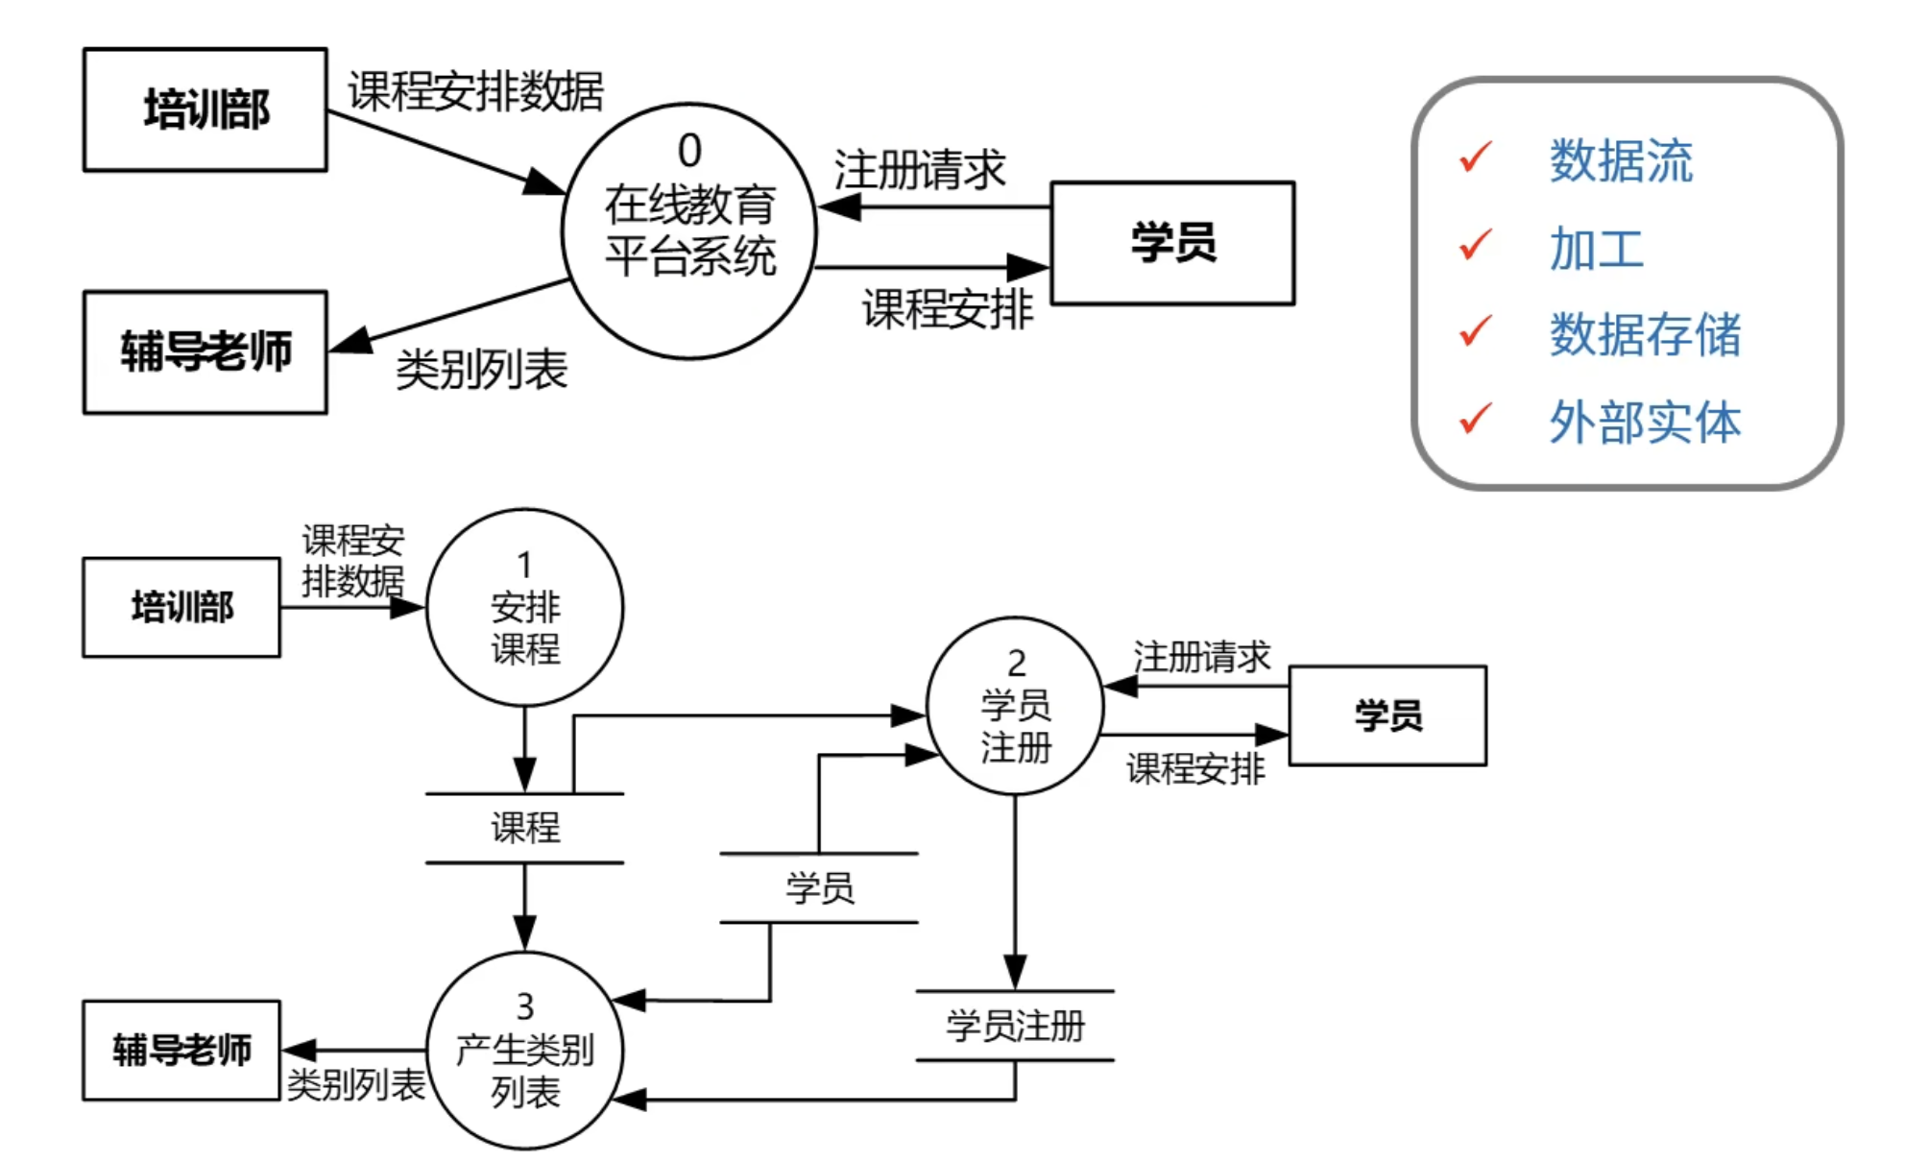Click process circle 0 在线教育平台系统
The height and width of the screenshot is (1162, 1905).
click(x=688, y=231)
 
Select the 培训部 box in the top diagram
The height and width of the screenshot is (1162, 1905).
click(x=205, y=109)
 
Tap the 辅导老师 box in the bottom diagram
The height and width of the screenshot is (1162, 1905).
click(x=181, y=1050)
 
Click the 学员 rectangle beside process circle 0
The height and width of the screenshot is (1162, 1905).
click(x=1172, y=243)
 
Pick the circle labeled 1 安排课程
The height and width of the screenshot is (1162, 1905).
click(x=524, y=608)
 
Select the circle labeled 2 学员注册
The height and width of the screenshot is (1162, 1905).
click(x=1015, y=706)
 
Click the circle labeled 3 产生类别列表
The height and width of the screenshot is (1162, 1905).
click(x=524, y=1051)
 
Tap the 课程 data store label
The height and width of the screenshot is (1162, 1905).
click(x=524, y=828)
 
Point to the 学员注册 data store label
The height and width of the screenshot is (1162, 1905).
click(x=1015, y=1026)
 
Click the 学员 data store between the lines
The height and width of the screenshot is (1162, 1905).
click(x=819, y=887)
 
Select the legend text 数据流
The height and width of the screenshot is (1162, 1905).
click(x=1620, y=160)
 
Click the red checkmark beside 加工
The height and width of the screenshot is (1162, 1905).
click(x=1475, y=245)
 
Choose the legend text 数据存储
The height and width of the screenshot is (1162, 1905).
click(x=1644, y=335)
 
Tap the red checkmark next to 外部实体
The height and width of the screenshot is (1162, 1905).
click(x=1475, y=419)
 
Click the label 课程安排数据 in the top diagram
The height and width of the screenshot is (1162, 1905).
click(x=475, y=91)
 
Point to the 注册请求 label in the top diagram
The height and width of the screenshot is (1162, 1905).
click(x=919, y=170)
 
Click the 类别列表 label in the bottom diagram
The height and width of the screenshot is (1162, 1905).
click(x=355, y=1085)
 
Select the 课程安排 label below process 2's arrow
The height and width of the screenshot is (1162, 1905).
click(x=1195, y=768)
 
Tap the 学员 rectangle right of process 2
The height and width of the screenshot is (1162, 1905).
click(x=1387, y=715)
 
